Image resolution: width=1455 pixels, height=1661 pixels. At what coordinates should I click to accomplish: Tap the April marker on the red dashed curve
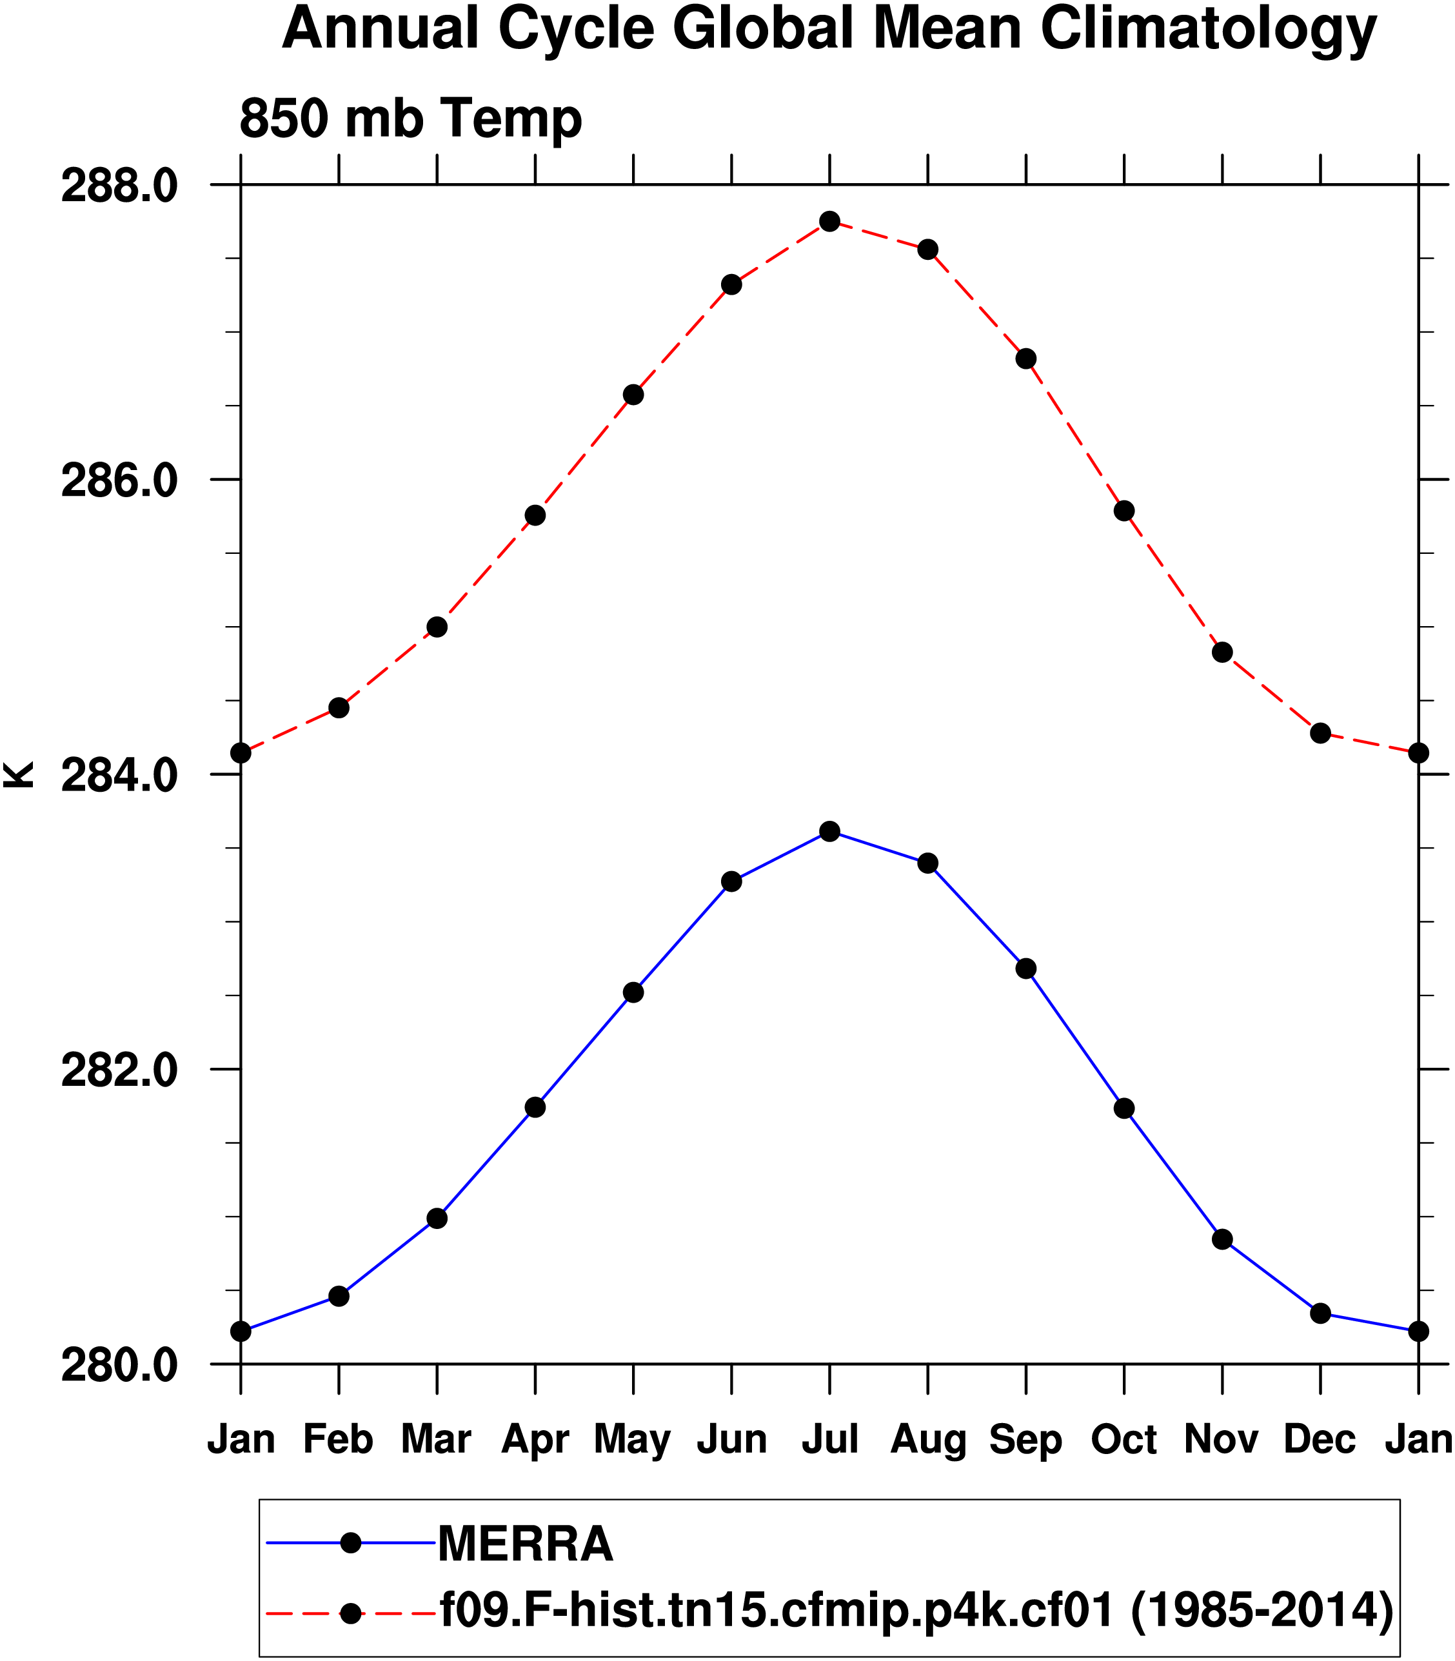pyautogui.click(x=535, y=515)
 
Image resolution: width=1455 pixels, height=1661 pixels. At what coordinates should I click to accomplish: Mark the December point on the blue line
pyautogui.click(x=1320, y=1313)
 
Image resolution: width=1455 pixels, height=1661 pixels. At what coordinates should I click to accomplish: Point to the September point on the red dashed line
pyautogui.click(x=1026, y=359)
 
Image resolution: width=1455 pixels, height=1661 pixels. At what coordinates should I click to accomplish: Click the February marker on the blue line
pyautogui.click(x=339, y=1297)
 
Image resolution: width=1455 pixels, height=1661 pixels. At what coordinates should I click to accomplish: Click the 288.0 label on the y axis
pyautogui.click(x=119, y=187)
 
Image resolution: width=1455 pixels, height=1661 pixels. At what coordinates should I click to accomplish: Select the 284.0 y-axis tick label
pyautogui.click(x=119, y=776)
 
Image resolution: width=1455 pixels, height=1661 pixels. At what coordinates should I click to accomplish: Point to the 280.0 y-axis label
pyautogui.click(x=119, y=1366)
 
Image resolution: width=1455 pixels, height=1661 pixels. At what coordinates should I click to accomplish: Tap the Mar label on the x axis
pyautogui.click(x=436, y=1439)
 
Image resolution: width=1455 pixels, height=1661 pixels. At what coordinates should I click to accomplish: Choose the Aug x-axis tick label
pyautogui.click(x=928, y=1439)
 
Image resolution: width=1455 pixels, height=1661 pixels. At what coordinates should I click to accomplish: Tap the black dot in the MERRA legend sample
pyautogui.click(x=351, y=1542)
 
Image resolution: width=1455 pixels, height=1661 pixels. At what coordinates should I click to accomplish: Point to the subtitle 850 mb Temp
pyautogui.click(x=411, y=119)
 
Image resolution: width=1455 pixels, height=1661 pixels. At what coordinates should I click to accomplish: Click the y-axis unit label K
pyautogui.click(x=18, y=774)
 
